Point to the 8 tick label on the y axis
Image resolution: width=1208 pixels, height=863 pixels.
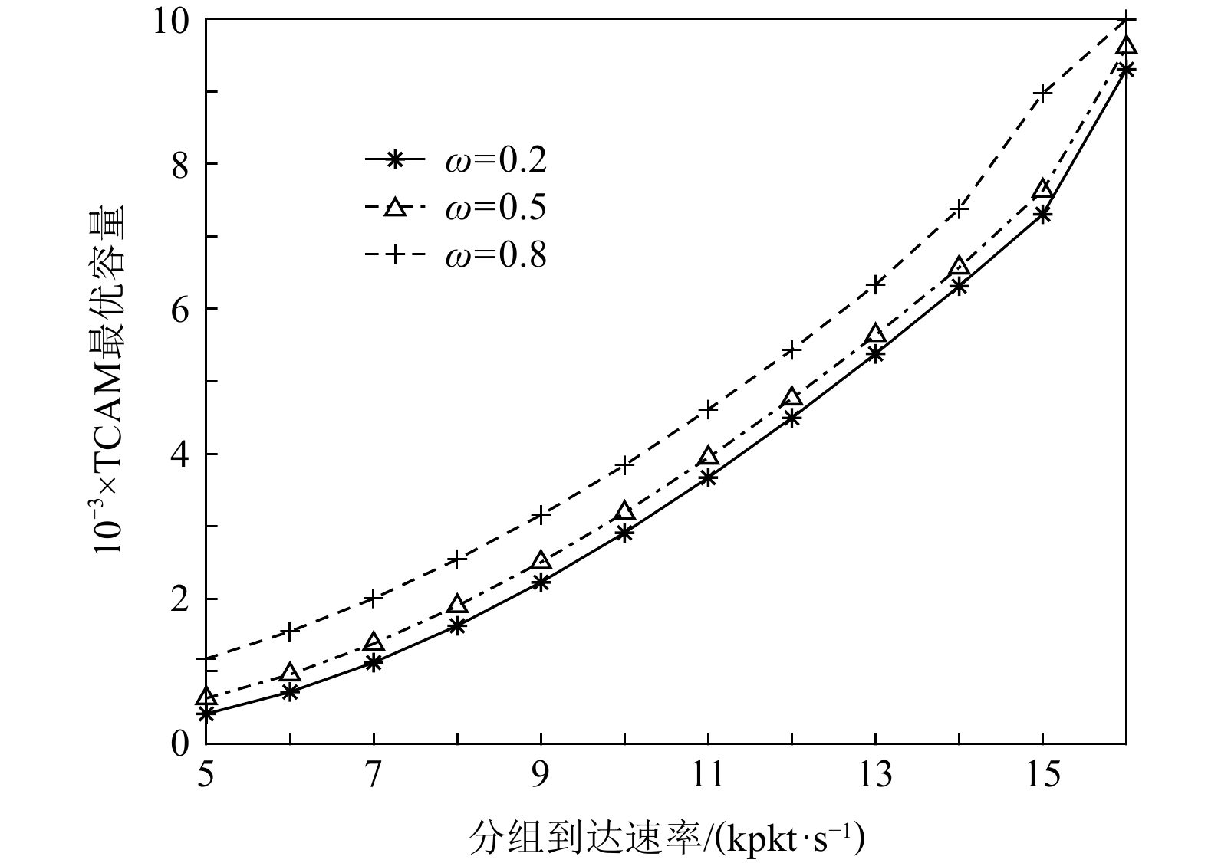(x=179, y=164)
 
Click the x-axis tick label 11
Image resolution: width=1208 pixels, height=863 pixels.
(x=708, y=776)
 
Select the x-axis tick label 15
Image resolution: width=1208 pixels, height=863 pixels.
(x=1042, y=776)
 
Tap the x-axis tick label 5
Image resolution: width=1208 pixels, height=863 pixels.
(x=206, y=776)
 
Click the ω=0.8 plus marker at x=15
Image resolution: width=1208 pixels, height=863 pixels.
(x=1042, y=92)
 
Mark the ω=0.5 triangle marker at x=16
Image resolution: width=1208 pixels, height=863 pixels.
(x=1126, y=46)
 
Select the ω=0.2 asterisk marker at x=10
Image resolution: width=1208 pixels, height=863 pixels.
(x=624, y=533)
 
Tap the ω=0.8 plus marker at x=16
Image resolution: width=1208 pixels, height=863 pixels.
(x=1126, y=19)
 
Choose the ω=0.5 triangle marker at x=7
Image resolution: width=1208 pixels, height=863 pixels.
(x=374, y=642)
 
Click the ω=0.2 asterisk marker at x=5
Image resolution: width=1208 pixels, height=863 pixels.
(x=206, y=714)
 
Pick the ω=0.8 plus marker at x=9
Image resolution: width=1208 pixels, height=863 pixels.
(x=541, y=515)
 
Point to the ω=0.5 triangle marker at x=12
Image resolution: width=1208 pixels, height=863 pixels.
(x=792, y=397)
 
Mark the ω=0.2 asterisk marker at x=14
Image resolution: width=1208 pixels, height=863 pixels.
(x=959, y=287)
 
